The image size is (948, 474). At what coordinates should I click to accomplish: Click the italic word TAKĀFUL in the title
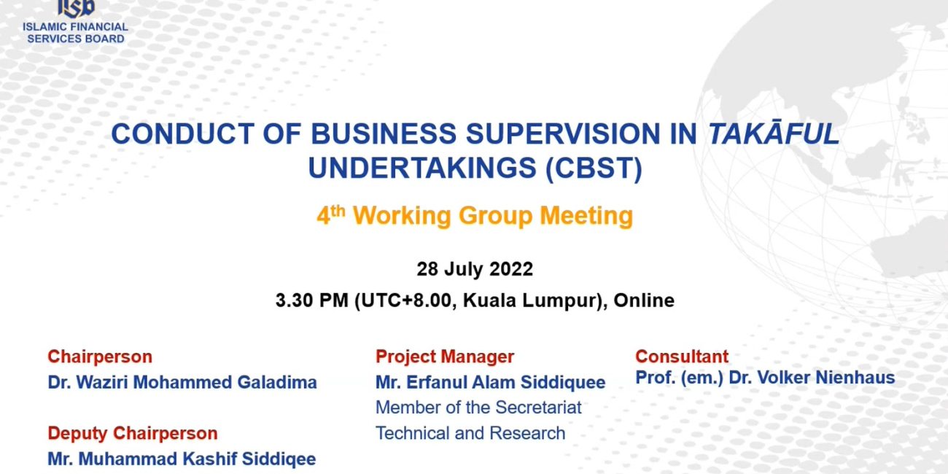click(774, 133)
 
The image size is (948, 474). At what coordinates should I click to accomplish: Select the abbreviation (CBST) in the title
click(594, 168)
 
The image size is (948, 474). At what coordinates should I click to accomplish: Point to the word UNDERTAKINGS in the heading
click(422, 168)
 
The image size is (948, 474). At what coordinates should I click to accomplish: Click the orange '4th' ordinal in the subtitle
click(331, 214)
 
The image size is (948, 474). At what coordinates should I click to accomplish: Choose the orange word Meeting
click(586, 216)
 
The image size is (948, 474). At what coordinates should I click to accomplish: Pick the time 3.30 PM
click(312, 300)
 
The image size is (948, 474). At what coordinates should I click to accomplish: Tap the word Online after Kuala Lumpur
click(644, 300)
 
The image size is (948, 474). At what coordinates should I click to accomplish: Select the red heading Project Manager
click(445, 357)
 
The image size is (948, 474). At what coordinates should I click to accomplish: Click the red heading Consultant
click(682, 357)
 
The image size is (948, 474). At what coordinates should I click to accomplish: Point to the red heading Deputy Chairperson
click(133, 433)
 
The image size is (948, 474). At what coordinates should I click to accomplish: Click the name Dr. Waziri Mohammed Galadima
click(182, 382)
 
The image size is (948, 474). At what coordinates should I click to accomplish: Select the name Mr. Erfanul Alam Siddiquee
click(491, 383)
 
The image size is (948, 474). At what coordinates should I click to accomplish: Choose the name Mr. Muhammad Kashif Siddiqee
click(182, 459)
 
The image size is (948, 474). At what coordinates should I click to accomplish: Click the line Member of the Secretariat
click(478, 408)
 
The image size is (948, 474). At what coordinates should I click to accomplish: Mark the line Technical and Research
click(470, 433)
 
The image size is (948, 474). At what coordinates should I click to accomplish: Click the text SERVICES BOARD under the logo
click(76, 39)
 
